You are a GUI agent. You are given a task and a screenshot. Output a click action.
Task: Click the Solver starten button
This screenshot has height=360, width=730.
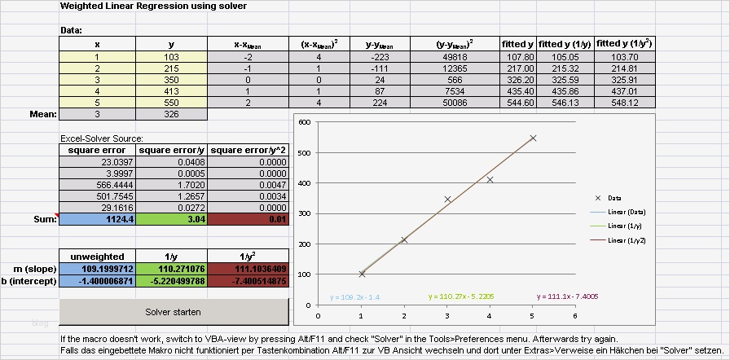click(x=174, y=312)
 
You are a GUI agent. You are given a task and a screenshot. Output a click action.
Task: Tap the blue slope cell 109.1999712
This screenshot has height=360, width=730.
click(x=97, y=269)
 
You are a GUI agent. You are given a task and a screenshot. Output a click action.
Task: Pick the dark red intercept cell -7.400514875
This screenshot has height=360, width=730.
click(x=248, y=281)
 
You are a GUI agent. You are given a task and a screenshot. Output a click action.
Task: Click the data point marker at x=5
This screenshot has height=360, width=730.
click(x=533, y=138)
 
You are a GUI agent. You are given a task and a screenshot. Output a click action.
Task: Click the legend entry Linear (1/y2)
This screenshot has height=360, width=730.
click(x=631, y=242)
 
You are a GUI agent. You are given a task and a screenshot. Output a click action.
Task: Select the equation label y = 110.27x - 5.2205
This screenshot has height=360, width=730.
click(x=461, y=297)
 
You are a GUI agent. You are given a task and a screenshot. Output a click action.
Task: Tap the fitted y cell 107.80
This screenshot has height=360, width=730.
click(x=519, y=57)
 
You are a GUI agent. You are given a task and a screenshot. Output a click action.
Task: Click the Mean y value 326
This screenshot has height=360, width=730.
click(x=171, y=115)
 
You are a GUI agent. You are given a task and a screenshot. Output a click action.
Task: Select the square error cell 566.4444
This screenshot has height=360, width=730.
click(x=97, y=185)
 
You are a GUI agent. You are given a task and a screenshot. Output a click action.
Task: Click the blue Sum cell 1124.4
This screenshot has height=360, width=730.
click(x=97, y=218)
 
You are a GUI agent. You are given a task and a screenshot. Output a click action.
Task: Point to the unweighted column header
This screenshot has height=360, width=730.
click(x=97, y=255)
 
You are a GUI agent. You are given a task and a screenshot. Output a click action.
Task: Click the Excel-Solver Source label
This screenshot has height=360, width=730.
click(x=102, y=139)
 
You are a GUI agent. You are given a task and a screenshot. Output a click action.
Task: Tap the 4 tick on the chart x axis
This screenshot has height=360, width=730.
click(x=490, y=316)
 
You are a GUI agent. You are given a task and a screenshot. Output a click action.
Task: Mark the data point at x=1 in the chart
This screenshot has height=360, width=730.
click(x=362, y=274)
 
